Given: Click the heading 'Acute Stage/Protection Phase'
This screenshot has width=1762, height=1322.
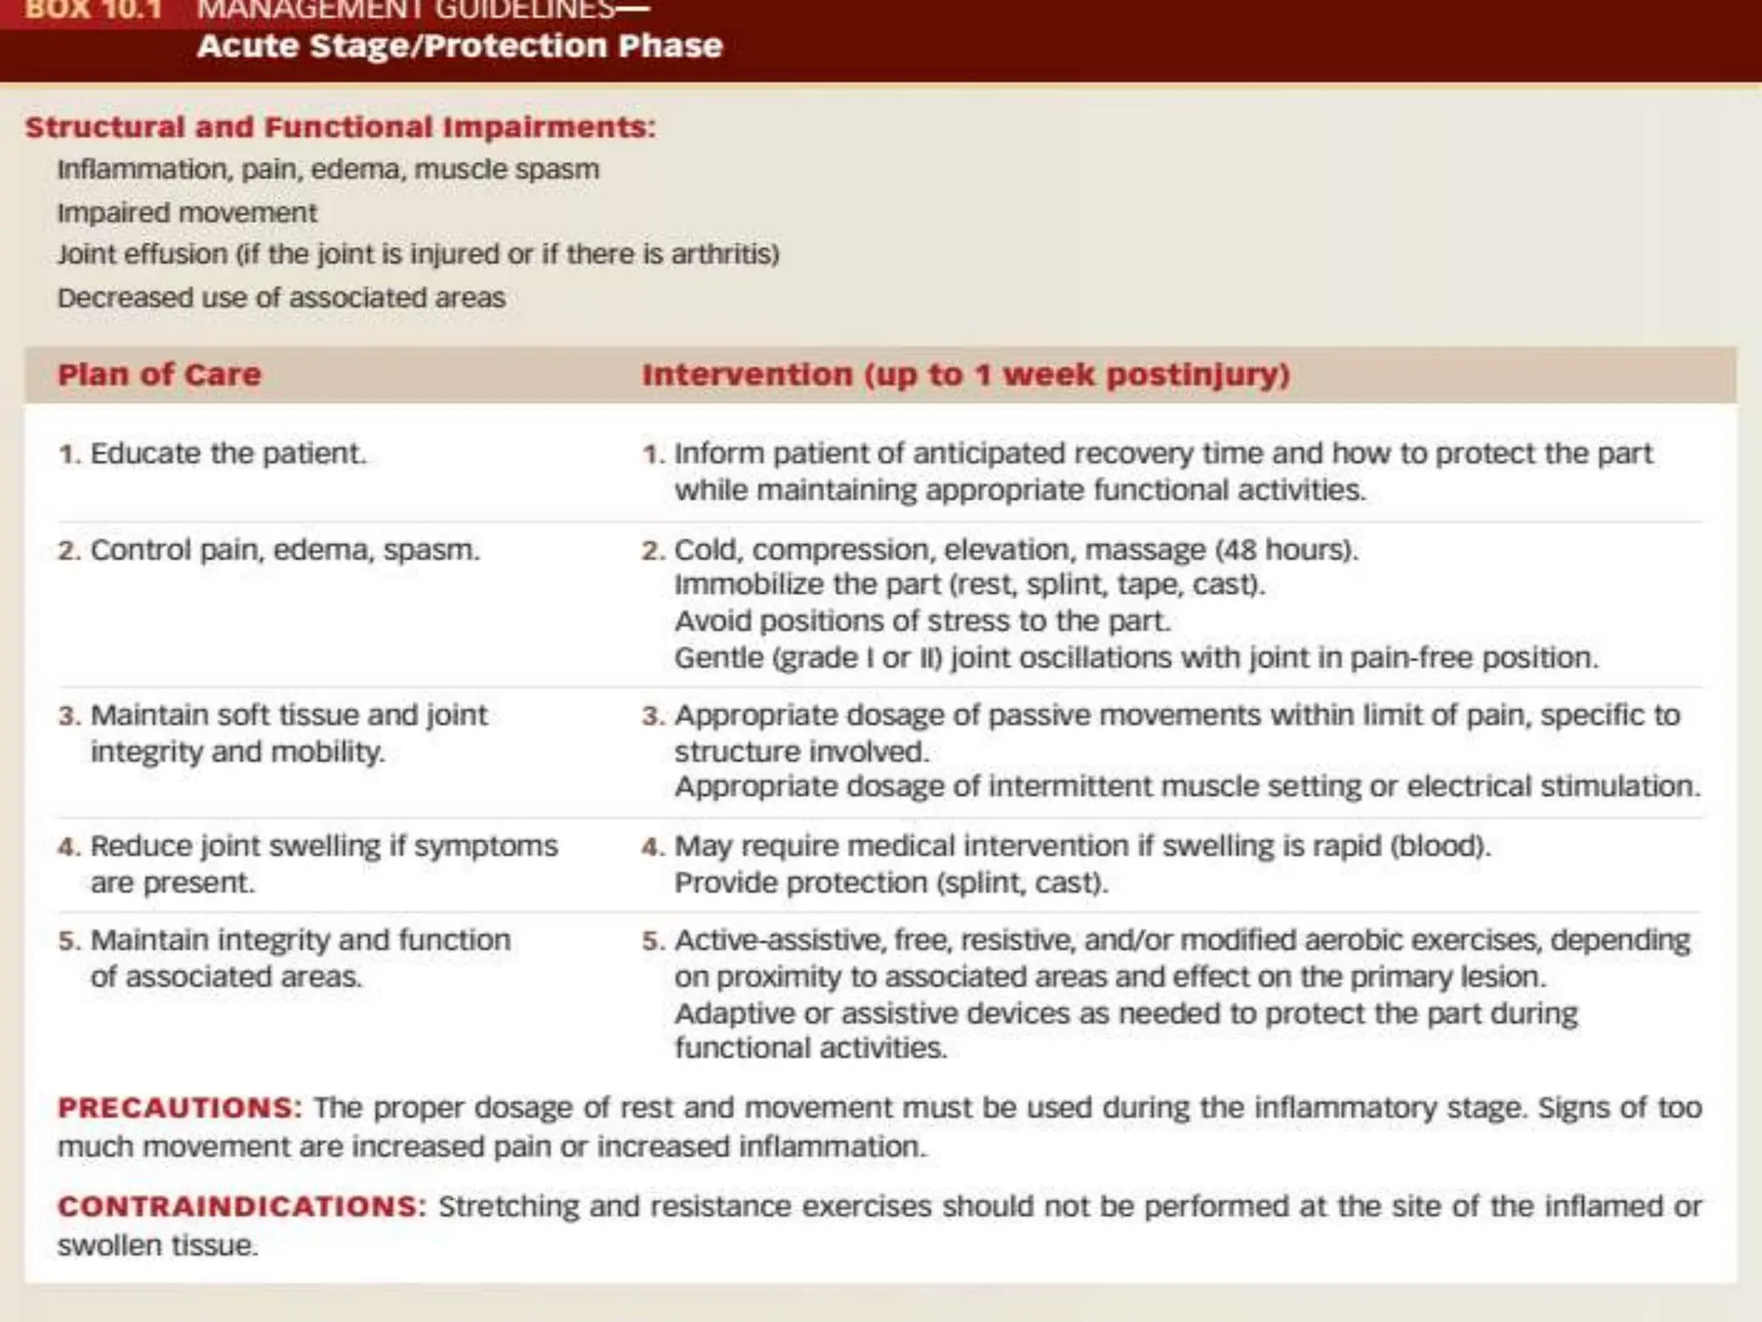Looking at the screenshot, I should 459,46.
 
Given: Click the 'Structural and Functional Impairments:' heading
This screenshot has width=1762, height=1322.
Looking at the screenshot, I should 341,127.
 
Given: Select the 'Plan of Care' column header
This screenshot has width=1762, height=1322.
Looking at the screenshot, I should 159,374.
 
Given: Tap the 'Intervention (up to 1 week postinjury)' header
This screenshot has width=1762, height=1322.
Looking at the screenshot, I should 965,374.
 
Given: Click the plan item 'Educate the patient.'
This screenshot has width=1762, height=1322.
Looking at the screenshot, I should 228,453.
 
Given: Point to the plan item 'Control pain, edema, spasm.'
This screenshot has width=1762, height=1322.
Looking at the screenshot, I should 284,549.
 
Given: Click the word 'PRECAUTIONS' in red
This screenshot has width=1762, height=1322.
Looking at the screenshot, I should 176,1107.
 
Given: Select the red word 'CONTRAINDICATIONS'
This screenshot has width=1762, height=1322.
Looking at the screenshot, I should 237,1206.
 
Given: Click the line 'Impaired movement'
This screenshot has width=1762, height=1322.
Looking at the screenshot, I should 187,213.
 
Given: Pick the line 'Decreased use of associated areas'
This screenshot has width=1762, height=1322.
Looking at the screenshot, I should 281,298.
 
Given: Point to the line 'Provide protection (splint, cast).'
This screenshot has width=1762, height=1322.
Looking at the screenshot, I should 890,882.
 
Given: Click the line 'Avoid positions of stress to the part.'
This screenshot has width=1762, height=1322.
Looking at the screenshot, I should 922,621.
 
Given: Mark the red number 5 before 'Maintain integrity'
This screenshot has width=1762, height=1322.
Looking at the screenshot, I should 68,941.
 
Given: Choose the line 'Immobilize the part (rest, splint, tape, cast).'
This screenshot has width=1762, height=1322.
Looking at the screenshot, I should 969,584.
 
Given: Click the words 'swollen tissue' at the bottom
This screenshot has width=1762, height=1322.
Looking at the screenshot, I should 157,1245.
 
